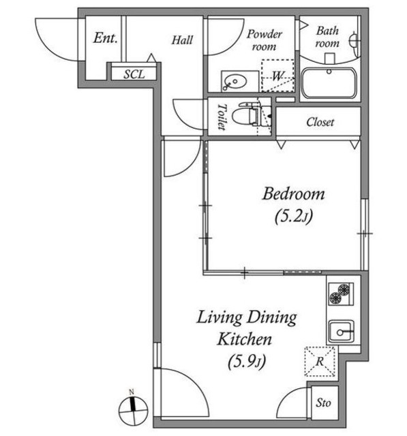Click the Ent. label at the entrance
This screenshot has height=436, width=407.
105,38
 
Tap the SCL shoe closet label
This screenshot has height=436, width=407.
134,74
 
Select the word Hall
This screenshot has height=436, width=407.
182,40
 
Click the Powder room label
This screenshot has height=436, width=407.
265,40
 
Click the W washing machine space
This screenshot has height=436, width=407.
277,76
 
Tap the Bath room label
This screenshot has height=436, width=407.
327,37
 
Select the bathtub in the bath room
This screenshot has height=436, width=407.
329,82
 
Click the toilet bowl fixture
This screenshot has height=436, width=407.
246,116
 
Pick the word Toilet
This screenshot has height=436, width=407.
222,116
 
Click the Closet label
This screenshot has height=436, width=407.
320,122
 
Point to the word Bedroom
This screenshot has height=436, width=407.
294,193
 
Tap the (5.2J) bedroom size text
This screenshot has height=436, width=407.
294,217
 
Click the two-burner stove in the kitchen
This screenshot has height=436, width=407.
341,294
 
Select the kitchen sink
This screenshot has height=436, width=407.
342,331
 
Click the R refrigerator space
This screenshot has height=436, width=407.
320,361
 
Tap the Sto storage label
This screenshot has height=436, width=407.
323,403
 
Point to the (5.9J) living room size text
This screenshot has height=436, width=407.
247,362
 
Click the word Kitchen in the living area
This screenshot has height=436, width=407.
244,339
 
